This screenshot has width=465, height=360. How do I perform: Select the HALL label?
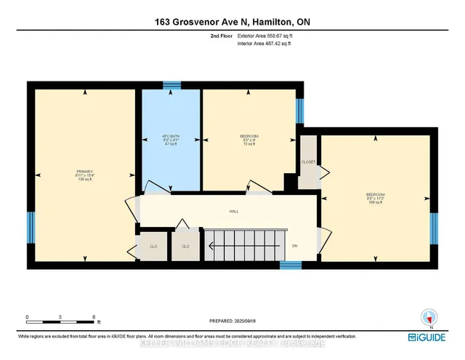232,212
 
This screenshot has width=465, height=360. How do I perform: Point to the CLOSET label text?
309,161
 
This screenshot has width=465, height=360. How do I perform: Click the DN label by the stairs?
295,246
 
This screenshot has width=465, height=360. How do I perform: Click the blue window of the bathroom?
171,85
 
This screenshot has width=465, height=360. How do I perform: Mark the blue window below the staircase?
291,266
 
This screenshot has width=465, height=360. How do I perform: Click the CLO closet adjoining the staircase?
185,247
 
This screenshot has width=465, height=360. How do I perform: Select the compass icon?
428,318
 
